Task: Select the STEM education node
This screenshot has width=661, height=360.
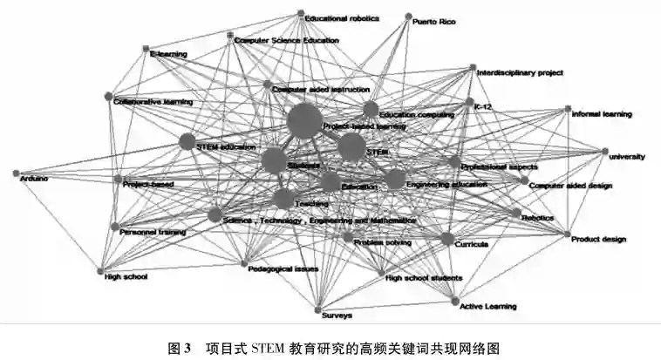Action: point(187,141)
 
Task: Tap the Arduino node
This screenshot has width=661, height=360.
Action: point(16,173)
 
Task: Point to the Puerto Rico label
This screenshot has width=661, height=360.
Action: point(433,21)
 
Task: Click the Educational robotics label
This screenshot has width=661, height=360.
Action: point(343,17)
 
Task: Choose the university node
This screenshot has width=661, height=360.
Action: point(604,152)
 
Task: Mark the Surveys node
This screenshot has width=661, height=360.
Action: point(317,309)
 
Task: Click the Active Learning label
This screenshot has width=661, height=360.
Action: point(488,307)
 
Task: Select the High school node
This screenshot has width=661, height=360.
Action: point(100,270)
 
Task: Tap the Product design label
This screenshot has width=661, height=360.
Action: point(599,239)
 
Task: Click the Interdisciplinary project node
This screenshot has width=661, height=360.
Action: point(472,68)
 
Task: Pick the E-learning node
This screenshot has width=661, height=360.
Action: point(146,49)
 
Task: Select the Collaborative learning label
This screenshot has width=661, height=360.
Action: point(153,102)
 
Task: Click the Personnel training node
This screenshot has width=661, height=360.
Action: point(114,227)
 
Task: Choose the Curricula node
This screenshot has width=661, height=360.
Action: point(447,239)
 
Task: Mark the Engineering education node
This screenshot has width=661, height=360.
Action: point(395,180)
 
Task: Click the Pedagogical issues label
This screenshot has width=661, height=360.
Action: point(283,268)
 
